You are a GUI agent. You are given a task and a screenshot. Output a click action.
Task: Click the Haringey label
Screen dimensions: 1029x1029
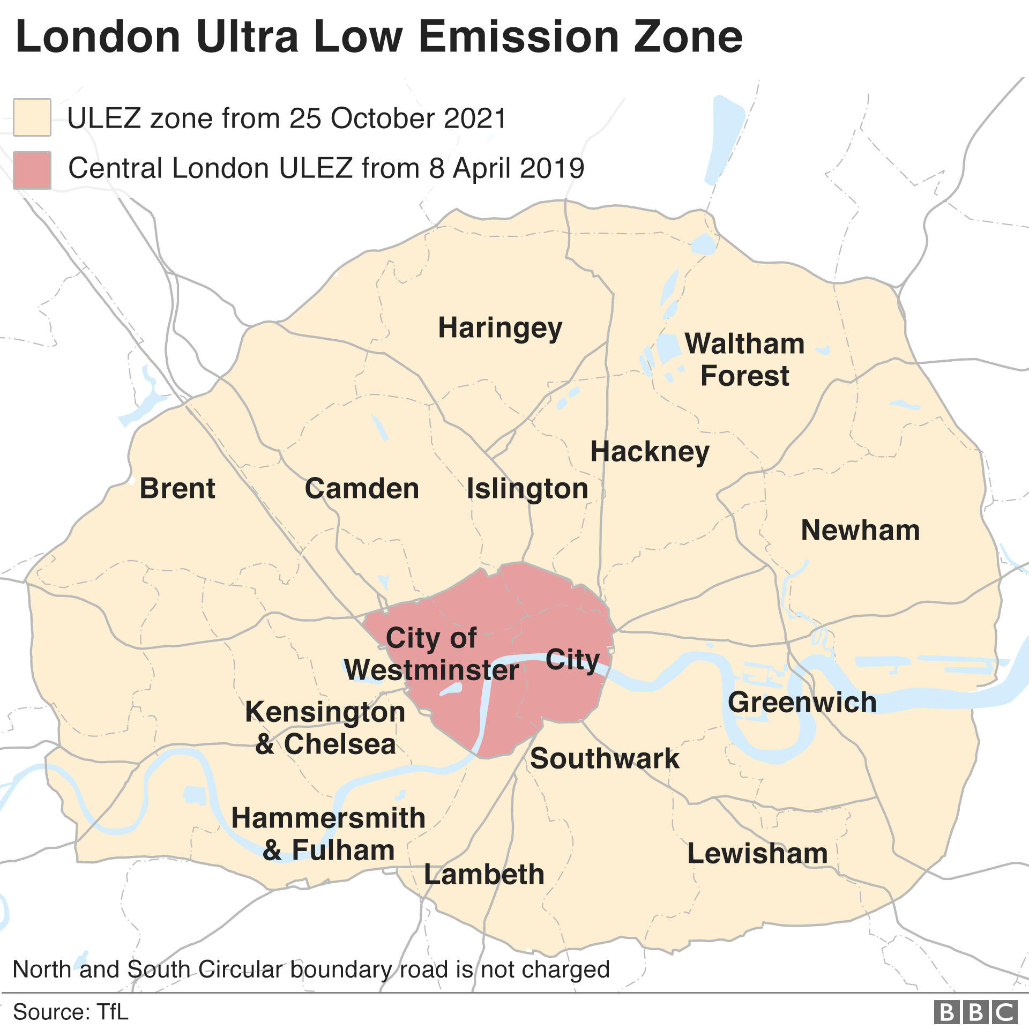[x=500, y=328]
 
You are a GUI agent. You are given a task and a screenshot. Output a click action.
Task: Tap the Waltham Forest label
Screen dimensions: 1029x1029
[x=744, y=360]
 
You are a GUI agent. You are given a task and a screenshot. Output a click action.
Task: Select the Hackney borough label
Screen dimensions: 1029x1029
[x=650, y=451]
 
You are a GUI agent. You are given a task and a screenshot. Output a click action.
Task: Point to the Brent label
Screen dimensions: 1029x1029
[x=177, y=488]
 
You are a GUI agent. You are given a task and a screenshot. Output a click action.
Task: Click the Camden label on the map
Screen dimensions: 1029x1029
[x=362, y=488]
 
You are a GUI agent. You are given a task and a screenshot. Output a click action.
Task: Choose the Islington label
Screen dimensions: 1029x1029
[x=527, y=489]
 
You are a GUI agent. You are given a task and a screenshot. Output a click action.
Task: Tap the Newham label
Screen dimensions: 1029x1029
[x=860, y=530]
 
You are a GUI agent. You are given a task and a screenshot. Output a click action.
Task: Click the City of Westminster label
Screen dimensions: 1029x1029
[x=431, y=654]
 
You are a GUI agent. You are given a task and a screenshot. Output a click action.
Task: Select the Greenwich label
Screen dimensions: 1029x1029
[x=802, y=702]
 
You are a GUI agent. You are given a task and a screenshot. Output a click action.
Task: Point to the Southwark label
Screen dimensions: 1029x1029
[x=605, y=758]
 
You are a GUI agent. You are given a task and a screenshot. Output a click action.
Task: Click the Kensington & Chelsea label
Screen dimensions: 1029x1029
[x=325, y=728]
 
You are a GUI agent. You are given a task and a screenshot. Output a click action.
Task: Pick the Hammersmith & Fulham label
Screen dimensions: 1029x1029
[x=329, y=834]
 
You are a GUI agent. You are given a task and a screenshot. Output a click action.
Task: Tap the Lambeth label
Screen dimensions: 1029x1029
[x=484, y=874]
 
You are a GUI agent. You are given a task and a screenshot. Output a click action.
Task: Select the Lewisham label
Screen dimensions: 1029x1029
[x=757, y=853]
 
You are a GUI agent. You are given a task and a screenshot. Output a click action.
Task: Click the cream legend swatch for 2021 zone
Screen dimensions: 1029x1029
[x=32, y=117]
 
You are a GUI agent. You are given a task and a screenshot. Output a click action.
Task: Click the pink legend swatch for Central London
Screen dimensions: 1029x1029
[x=32, y=170]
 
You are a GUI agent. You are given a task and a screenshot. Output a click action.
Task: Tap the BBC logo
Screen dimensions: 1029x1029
[x=975, y=1012]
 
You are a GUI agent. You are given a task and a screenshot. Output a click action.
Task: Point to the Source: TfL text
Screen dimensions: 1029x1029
[x=71, y=1012]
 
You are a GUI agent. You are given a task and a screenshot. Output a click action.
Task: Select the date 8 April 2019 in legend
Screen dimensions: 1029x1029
[x=506, y=168]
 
